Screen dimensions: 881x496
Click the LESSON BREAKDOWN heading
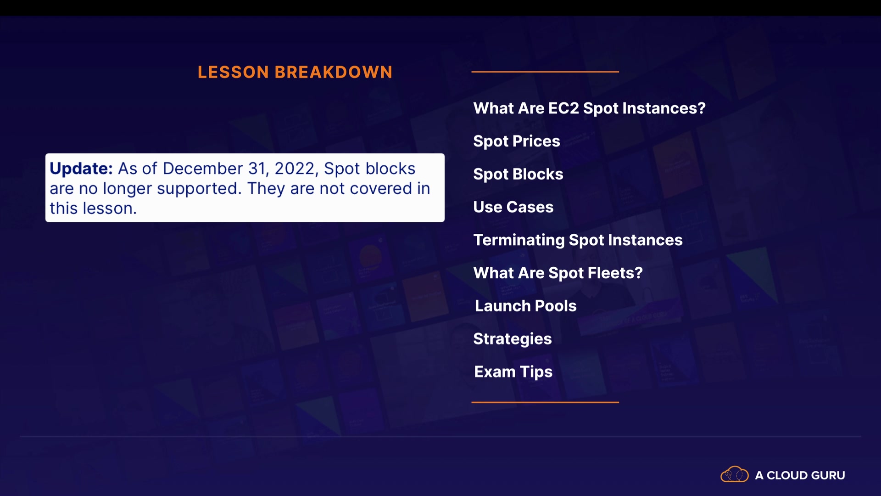click(295, 72)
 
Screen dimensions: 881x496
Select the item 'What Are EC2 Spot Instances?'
click(590, 109)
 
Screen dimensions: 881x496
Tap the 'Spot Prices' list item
click(517, 141)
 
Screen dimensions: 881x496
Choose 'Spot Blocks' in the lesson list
click(518, 175)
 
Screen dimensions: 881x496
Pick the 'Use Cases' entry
click(513, 207)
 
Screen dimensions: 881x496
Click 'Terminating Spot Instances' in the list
click(578, 240)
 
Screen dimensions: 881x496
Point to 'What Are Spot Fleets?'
click(558, 273)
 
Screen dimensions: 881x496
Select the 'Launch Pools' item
click(526, 306)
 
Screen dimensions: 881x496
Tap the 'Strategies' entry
click(513, 339)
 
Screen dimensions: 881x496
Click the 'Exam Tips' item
click(513, 372)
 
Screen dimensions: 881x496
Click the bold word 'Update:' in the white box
click(81, 169)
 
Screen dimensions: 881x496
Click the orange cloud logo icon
click(735, 474)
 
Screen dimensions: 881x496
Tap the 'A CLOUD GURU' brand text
click(800, 475)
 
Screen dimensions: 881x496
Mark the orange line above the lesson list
click(545, 72)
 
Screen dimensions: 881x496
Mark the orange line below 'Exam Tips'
click(545, 402)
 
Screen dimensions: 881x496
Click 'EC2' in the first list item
click(564, 108)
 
